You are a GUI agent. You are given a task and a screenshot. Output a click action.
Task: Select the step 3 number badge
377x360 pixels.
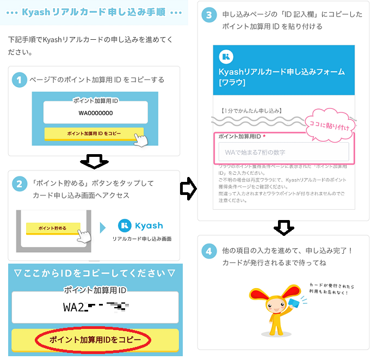click(209, 15)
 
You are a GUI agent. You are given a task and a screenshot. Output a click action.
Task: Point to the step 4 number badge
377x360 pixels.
click(209, 252)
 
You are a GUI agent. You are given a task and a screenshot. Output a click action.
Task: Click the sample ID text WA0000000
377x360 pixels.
click(95, 113)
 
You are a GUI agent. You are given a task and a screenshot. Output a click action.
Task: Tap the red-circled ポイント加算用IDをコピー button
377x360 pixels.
click(95, 340)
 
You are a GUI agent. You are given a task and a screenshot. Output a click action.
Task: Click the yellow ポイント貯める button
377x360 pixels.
click(53, 228)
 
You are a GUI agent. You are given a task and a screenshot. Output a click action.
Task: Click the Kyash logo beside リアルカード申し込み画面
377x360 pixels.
click(140, 225)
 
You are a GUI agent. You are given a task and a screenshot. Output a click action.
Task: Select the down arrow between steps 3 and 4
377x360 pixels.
click(283, 228)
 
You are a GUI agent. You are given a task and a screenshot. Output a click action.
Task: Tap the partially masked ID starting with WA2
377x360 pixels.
click(95, 307)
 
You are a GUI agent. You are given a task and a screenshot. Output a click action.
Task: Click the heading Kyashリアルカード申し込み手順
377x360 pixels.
click(95, 12)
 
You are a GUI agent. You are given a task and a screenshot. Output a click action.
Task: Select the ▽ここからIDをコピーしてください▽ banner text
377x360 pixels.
click(95, 272)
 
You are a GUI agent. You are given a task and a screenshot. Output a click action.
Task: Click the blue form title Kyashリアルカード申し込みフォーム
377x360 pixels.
click(282, 72)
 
